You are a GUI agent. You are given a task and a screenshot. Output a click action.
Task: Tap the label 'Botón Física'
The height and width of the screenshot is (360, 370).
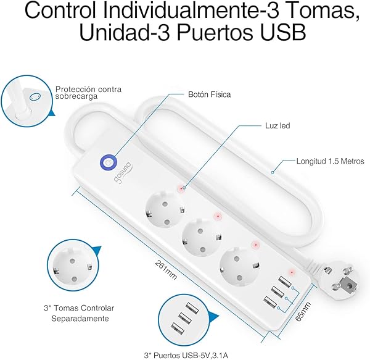click(208, 94)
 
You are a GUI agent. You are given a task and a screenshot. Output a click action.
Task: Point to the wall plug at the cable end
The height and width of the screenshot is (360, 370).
click(342, 281)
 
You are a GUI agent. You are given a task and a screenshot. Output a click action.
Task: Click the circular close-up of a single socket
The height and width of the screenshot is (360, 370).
click(75, 265)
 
